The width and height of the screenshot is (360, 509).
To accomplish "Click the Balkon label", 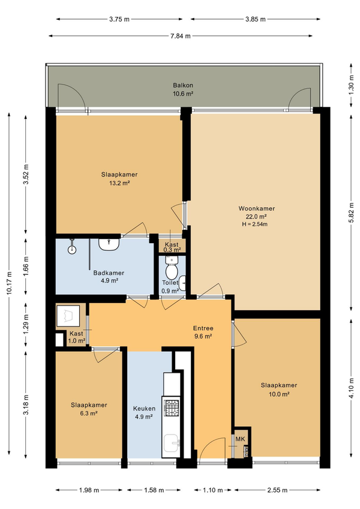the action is pos(183,85).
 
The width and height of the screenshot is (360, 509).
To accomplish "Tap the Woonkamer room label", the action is pos(256,208).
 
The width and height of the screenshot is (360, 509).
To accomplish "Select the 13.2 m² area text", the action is pos(119,182).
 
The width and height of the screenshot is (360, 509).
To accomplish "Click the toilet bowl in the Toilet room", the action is pos(171,268).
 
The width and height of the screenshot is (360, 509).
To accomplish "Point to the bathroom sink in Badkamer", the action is pos(109,244).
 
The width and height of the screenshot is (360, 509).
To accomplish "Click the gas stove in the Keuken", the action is pos(172,408).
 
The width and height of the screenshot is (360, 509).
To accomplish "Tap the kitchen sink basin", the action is pos(171,443).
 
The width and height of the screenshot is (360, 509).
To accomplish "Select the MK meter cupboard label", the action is pos(240,439).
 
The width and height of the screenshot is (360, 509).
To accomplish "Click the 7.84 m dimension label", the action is pos(181,36).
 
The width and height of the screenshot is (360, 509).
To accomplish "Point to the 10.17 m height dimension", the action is pos(9,283).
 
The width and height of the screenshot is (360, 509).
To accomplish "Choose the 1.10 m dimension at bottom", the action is pos(212,490).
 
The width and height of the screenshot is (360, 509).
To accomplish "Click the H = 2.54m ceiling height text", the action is pos(254,224).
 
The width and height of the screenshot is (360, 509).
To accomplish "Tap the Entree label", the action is pos(203,328).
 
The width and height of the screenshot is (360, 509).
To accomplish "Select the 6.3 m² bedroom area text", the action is pos(89,413).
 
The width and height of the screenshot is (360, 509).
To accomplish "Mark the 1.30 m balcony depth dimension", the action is pos(351,85).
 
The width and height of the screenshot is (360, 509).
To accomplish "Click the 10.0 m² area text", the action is pos(279,394).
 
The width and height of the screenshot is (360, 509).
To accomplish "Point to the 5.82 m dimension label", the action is pos(351,212).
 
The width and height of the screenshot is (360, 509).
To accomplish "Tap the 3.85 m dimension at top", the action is pos(256,19).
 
